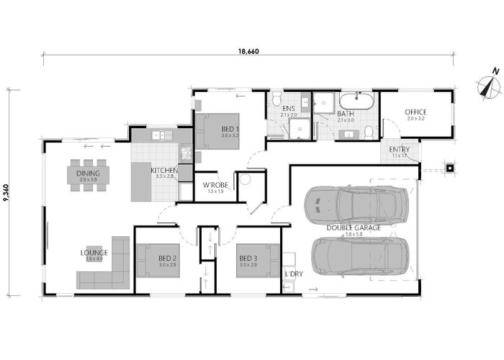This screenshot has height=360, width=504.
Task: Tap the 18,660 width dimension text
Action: click(248, 50)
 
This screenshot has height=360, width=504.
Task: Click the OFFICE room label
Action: click(415, 112)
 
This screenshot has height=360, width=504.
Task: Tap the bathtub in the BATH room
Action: click(356, 101)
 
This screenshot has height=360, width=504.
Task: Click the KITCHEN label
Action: click(163, 171)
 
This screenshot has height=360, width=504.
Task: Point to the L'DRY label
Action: click(293, 274)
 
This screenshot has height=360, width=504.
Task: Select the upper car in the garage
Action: click(355, 204)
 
